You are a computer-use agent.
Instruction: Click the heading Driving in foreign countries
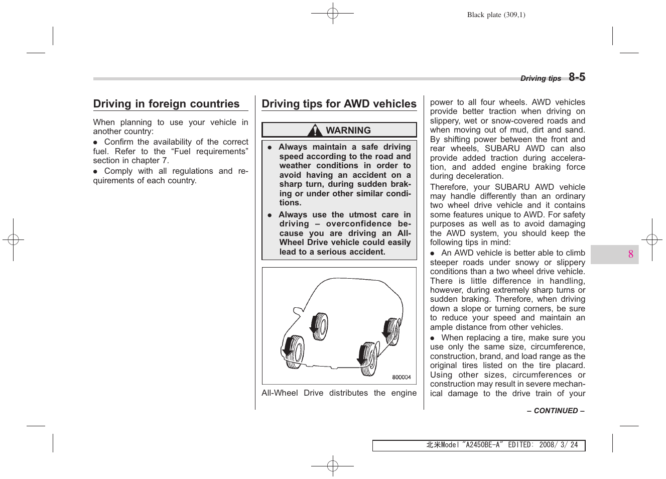[166, 104]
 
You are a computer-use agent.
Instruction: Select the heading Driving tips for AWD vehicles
[339, 104]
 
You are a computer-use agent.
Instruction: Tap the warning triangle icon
[315, 131]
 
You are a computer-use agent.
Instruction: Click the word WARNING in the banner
[348, 131]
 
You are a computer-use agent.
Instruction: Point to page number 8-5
[577, 77]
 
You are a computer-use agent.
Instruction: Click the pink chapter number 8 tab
[630, 255]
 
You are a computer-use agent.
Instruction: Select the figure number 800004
[401, 378]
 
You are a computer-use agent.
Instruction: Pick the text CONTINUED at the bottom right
[556, 411]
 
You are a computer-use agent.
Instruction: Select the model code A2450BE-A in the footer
[482, 445]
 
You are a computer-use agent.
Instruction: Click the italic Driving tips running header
[541, 78]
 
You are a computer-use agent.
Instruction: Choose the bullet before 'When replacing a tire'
[433, 338]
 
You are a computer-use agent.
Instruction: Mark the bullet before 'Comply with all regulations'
[96, 172]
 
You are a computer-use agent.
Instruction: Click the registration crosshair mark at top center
[333, 14]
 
